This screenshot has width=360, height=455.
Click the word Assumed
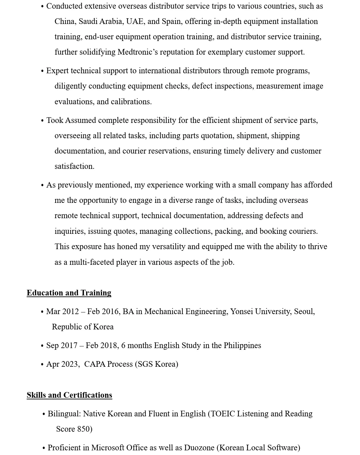coord(80,120)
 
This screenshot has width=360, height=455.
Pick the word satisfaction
coord(74,166)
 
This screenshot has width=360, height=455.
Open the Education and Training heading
coord(69,293)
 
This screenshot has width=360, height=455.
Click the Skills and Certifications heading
coord(69,395)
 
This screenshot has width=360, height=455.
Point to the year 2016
coord(110,311)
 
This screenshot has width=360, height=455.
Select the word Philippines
coord(242,345)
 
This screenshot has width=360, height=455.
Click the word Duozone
coord(199,448)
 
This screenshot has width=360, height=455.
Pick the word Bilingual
coord(64,414)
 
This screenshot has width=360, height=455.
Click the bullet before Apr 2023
coord(42,365)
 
